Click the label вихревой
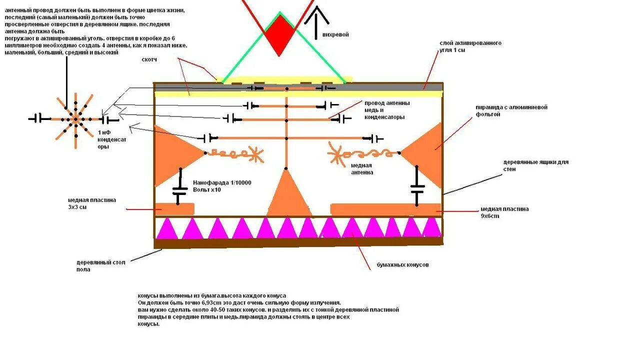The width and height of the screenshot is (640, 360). pyautogui.click(x=335, y=34)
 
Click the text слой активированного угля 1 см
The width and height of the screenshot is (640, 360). pyautogui.click(x=470, y=46)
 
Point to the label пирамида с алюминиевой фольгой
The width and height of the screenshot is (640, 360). pyautogui.click(x=504, y=110)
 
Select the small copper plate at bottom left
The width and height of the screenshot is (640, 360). pyautogui.click(x=174, y=208)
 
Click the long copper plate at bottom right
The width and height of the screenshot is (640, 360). pyautogui.click(x=385, y=208)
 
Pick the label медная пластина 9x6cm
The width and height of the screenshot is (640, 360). pyautogui.click(x=504, y=212)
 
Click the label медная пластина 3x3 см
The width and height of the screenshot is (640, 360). pyautogui.click(x=92, y=203)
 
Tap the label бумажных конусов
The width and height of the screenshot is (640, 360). pyautogui.click(x=402, y=265)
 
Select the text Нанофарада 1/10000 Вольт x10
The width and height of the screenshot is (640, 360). pyautogui.click(x=221, y=186)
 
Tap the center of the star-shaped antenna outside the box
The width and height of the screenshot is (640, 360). pyautogui.click(x=75, y=119)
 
